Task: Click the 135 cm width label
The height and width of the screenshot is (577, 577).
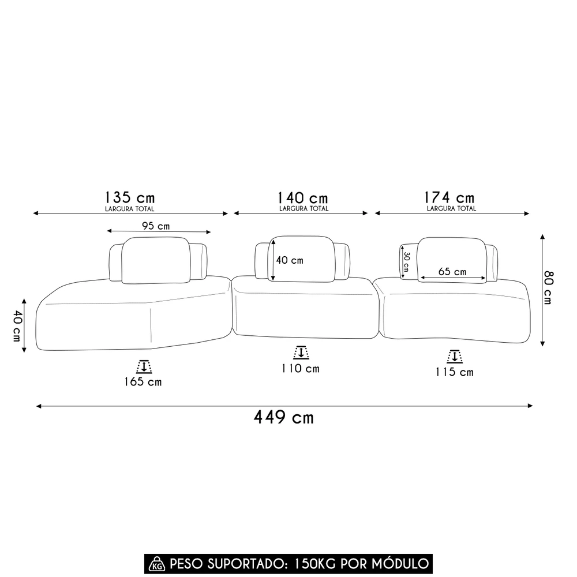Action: click(130, 197)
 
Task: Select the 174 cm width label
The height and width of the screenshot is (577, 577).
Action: click(451, 198)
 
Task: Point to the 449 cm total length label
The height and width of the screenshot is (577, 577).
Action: click(284, 417)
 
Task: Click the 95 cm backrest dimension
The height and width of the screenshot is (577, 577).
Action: click(155, 226)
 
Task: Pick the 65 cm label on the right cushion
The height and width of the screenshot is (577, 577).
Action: click(452, 272)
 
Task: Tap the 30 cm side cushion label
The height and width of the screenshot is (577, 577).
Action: click(406, 261)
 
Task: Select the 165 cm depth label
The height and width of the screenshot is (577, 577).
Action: click(143, 381)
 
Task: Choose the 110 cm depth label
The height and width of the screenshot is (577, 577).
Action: click(300, 369)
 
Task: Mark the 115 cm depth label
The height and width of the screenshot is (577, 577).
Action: click(455, 372)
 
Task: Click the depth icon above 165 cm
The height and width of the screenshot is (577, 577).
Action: click(143, 366)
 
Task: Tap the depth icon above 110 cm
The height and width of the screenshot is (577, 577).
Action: click(300, 353)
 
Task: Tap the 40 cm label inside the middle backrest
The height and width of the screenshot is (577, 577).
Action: click(289, 260)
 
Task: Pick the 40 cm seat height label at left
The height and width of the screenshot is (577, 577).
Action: click(17, 325)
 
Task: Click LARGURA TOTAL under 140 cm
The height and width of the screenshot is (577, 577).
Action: click(304, 208)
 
